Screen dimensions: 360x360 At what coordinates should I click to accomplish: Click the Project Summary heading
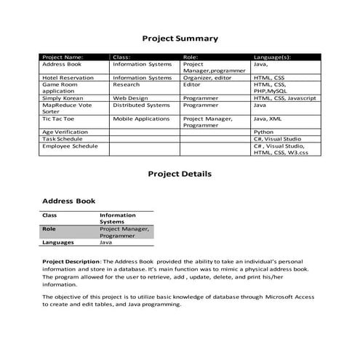[180, 39]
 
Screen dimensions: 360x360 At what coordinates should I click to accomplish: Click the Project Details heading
[180, 175]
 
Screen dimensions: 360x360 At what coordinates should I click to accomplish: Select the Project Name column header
[63, 57]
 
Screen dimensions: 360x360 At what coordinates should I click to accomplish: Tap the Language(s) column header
[272, 57]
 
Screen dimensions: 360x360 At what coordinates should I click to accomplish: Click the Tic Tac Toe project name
[57, 118]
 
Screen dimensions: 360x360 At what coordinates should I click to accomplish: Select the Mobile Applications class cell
[141, 118]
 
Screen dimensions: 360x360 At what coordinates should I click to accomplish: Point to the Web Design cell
[130, 97]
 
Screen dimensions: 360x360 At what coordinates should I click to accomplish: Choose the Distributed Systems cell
[141, 105]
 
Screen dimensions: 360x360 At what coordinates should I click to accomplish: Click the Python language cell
[263, 132]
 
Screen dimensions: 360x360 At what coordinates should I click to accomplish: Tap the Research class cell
[127, 84]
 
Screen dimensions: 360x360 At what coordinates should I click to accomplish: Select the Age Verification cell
[65, 132]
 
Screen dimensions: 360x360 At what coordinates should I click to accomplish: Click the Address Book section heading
[68, 201]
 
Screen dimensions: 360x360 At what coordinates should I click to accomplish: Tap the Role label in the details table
[49, 229]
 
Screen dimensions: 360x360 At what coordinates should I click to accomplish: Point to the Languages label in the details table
[57, 242]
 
